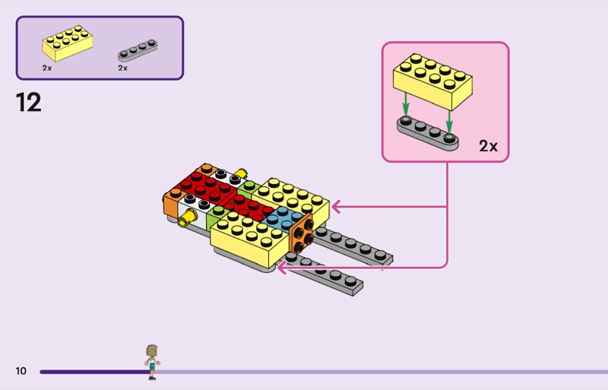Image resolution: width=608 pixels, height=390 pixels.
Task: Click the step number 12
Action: pos(29,102)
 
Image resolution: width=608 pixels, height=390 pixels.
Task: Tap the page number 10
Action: pos(21,371)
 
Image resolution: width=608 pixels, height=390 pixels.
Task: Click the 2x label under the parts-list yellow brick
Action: pos(47,68)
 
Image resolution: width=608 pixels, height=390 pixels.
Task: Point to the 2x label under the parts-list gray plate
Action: pos(122,68)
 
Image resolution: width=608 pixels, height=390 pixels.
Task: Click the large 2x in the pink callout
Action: pos(488,146)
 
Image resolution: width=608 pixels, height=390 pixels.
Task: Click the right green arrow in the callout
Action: pos(449,120)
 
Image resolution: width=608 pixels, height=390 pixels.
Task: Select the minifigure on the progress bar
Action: pos(152,360)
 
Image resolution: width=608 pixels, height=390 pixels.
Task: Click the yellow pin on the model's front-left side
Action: pos(185,222)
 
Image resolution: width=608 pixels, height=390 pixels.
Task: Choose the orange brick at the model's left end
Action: pos(170,205)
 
